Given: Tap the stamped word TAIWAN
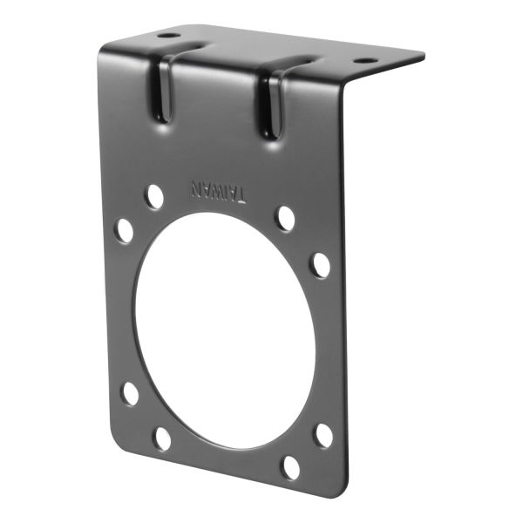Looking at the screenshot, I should click(x=219, y=189).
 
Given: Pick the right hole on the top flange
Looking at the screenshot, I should click(x=365, y=61).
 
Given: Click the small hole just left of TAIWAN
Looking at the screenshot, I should click(x=153, y=196).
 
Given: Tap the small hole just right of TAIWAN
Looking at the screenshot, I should click(x=285, y=218).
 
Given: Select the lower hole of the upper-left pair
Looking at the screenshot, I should click(x=125, y=230).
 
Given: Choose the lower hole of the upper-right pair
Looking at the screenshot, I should click(x=321, y=265).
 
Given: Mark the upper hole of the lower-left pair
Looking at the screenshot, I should click(x=130, y=393).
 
